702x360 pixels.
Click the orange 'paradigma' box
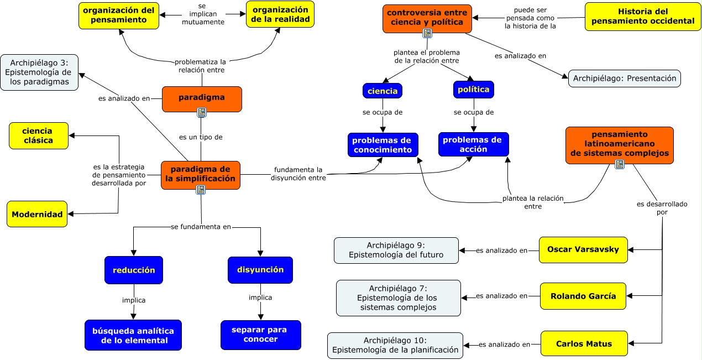point(202,99)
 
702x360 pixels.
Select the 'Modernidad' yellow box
point(37,214)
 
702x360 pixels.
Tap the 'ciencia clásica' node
point(39,136)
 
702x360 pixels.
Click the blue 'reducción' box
point(134,270)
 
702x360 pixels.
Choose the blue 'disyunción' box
point(260,270)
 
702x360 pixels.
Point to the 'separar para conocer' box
point(261,335)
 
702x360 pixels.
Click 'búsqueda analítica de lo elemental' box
point(133,335)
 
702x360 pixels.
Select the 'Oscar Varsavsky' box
point(583,249)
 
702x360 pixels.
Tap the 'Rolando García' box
point(583,296)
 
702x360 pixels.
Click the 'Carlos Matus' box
point(584,344)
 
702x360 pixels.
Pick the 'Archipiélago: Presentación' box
point(625,79)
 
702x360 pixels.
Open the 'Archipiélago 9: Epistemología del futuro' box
point(396,251)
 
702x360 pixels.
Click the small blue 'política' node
point(474,90)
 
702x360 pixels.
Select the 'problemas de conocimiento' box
point(383,145)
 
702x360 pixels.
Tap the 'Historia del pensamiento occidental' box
point(643,16)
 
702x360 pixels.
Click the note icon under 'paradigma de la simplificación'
point(201,190)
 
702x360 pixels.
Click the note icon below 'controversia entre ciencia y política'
point(427,33)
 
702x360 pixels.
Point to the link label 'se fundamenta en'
point(201,227)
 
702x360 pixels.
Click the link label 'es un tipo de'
point(201,137)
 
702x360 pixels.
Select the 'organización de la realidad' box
point(280,14)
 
